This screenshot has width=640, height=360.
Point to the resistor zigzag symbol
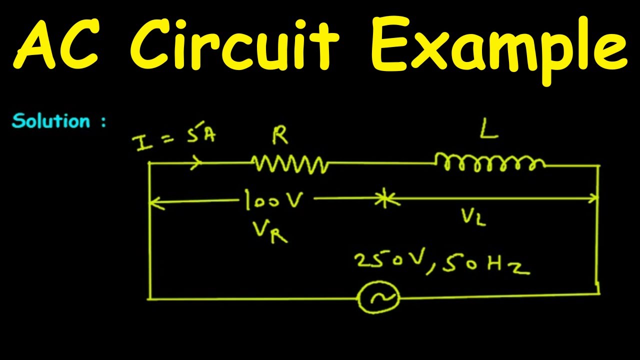click(290, 163)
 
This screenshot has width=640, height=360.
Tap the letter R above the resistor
click(280, 136)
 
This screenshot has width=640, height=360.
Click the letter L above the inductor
click(487, 131)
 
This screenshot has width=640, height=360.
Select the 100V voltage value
click(274, 200)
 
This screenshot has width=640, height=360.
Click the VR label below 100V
click(270, 230)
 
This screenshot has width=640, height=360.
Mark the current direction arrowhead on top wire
click(197, 162)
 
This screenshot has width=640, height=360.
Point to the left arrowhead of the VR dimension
click(154, 202)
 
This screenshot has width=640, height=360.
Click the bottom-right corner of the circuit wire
click(598, 293)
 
